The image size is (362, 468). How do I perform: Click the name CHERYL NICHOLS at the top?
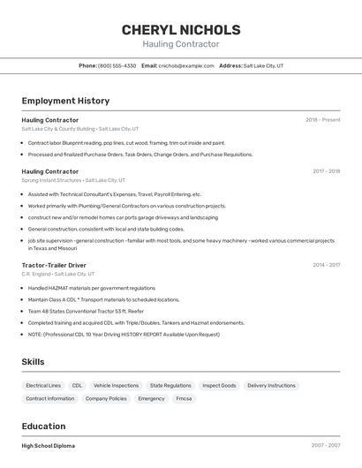(181, 30)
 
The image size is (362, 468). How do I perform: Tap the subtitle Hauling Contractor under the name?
(181, 44)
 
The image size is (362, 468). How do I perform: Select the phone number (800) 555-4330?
(117, 65)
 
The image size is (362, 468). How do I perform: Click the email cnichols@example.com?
(186, 65)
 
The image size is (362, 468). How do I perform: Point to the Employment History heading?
(65, 102)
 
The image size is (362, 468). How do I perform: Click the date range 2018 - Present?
(322, 120)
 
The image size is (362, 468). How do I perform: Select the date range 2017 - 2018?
(326, 171)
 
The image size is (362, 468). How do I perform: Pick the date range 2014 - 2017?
(326, 265)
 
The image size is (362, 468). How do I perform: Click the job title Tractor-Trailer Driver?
(54, 265)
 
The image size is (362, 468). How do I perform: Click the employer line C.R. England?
(36, 274)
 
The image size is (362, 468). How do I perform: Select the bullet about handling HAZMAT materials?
(91, 288)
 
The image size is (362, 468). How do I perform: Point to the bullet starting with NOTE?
(124, 335)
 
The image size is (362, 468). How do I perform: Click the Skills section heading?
(33, 362)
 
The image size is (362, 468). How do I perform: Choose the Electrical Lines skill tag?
(43, 386)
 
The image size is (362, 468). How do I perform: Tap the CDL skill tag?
(77, 386)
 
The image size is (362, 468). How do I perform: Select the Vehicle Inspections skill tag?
(116, 386)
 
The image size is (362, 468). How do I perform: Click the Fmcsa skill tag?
(184, 398)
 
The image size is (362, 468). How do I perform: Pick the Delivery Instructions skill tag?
(271, 386)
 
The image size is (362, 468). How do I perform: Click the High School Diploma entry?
(49, 446)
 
